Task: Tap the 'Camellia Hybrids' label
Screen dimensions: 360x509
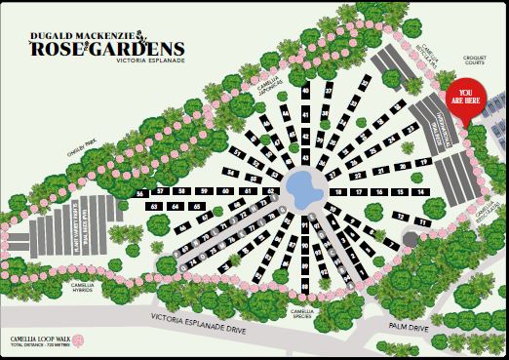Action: click(x=88, y=288)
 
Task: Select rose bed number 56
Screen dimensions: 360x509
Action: click(x=140, y=194)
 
